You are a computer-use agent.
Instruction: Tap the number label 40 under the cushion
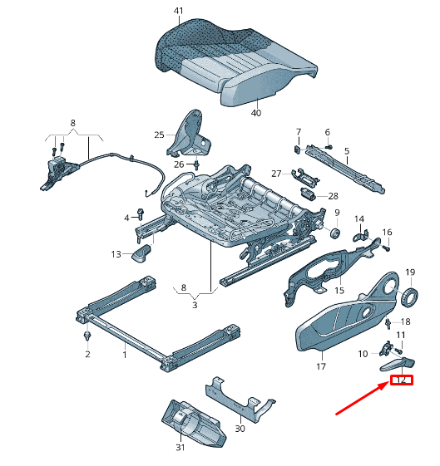(x=255, y=113)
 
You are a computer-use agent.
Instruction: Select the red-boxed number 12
(x=401, y=380)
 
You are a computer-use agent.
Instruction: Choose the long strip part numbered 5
(x=346, y=167)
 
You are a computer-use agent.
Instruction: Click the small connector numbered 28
(x=308, y=194)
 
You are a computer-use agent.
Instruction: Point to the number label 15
(x=339, y=291)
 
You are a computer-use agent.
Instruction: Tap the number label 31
(x=180, y=449)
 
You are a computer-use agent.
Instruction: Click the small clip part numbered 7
(x=298, y=148)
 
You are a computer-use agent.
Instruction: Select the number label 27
(x=276, y=173)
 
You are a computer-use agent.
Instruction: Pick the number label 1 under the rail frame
(x=125, y=355)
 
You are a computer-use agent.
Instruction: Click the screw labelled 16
(x=388, y=247)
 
